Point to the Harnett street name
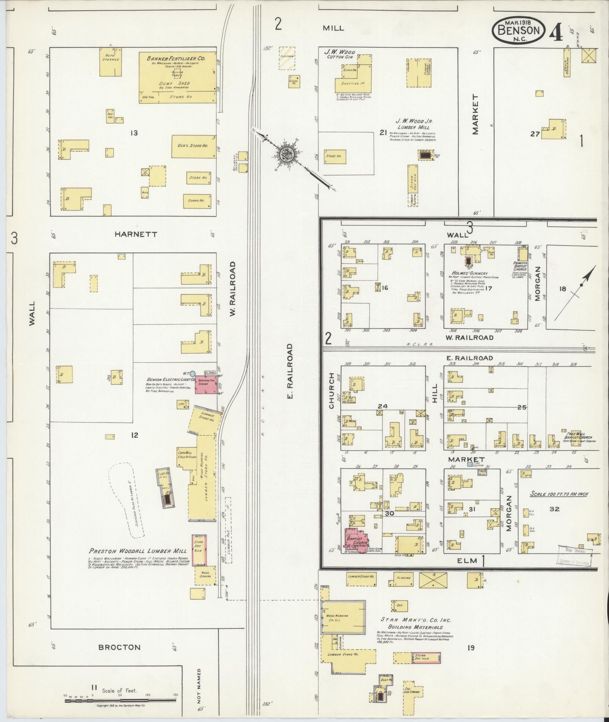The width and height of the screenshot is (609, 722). pos(136,234)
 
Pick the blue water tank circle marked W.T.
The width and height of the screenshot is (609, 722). pos(193,373)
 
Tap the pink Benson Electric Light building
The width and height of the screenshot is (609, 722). pos(206,385)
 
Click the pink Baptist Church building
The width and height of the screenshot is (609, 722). pos(356,541)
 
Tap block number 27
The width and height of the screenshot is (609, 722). pos(535,134)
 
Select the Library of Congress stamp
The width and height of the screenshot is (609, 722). pos(574,556)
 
